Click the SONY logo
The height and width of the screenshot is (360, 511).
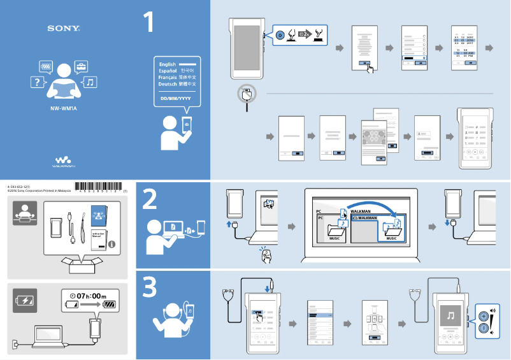[x=63, y=29]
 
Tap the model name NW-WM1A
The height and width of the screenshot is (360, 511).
[x=64, y=108]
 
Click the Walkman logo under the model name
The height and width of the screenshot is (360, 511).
[x=64, y=161]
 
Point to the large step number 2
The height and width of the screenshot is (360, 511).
[x=149, y=200]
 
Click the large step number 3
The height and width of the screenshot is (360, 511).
[x=149, y=289]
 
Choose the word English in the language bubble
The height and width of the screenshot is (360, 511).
[x=168, y=64]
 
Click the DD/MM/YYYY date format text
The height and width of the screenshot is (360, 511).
[x=175, y=99]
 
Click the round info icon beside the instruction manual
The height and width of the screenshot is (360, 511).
[x=112, y=243]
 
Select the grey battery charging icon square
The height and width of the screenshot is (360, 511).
[x=25, y=300]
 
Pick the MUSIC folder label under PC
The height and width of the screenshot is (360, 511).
[x=334, y=238]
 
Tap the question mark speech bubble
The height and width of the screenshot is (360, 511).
[x=38, y=82]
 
